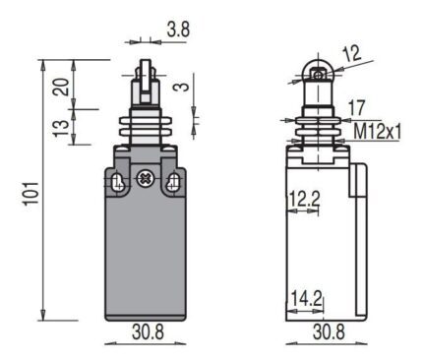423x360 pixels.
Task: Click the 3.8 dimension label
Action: point(178,30)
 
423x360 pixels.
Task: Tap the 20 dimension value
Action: point(61,87)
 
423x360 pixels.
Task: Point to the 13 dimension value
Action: point(61,128)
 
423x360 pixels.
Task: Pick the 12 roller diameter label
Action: point(351,54)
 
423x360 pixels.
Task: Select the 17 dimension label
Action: point(356,108)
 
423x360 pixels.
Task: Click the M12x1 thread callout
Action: point(378,132)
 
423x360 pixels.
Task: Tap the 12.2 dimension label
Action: point(304,199)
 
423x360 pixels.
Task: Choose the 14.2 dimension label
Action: point(306,298)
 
